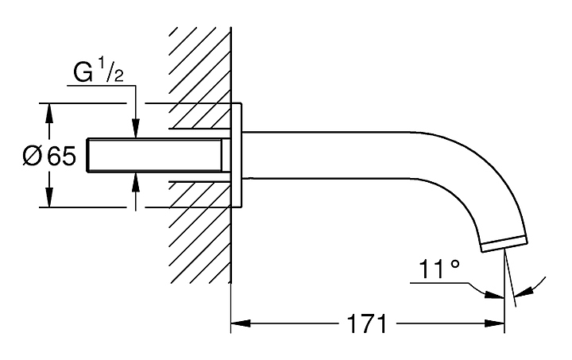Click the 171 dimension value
367,323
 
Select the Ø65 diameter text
49,156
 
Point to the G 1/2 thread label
99,72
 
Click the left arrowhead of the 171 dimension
241,323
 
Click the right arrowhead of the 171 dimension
495,323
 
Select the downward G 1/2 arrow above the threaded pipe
136,112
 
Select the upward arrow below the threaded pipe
136,192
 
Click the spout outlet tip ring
504,244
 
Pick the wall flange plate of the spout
237,156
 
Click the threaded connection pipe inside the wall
159,155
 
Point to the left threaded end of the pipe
88,155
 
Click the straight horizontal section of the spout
328,155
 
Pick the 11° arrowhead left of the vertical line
494,295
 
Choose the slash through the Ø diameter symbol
32,156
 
